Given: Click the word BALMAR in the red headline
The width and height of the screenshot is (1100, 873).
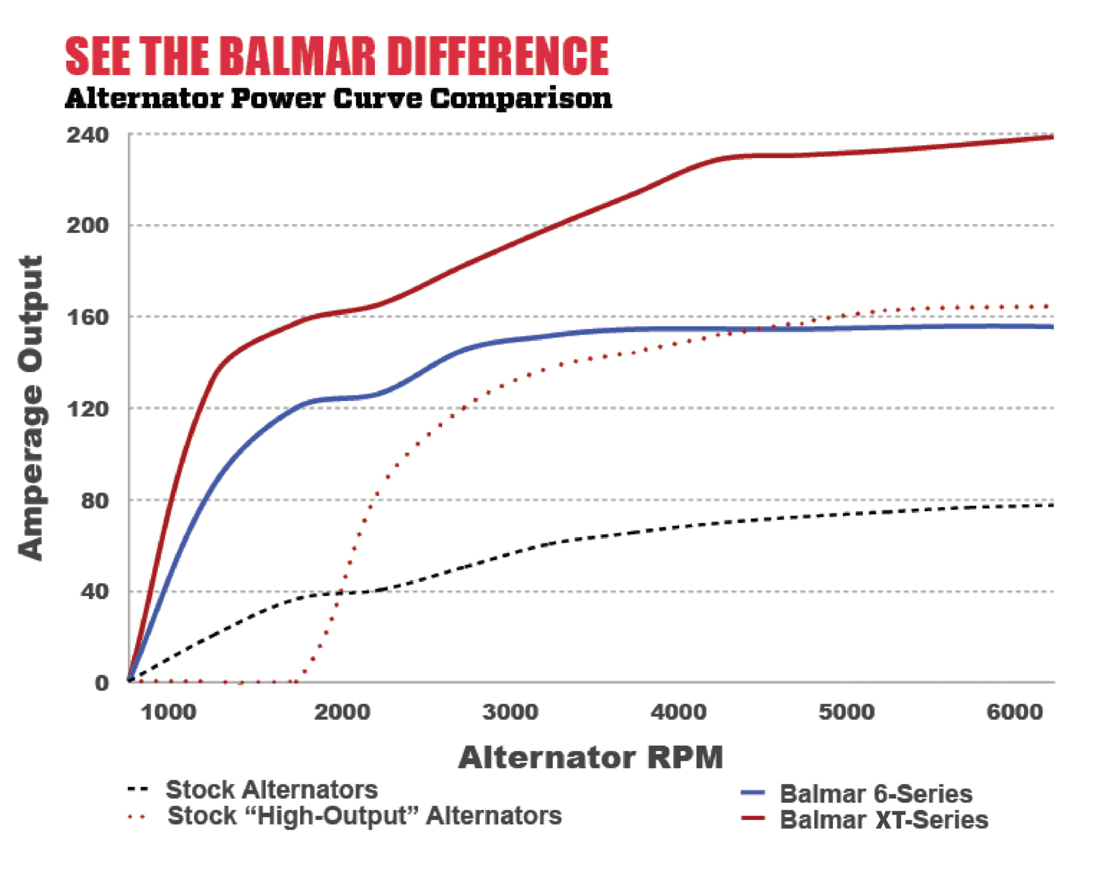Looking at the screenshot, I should click(x=297, y=57).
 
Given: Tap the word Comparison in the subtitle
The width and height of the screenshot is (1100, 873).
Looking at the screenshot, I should click(x=520, y=99).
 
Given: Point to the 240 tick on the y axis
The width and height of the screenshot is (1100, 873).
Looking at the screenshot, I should click(x=87, y=135).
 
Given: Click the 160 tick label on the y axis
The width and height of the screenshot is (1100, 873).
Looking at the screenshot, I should click(x=87, y=317).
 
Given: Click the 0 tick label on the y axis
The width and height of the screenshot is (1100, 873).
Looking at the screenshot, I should click(x=102, y=683).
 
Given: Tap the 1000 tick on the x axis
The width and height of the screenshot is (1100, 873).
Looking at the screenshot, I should click(x=168, y=712).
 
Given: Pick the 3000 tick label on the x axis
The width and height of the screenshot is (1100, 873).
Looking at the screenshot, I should click(x=510, y=712).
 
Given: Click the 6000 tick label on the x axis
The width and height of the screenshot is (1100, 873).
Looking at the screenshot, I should click(x=1015, y=712).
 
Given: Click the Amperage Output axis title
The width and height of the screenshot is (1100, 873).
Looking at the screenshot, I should click(x=31, y=408).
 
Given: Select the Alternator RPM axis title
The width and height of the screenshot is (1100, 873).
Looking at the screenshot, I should click(x=590, y=758).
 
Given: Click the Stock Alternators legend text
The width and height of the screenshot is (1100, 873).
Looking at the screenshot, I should click(x=271, y=790).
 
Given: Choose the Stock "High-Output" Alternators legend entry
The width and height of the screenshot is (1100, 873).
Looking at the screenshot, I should click(x=364, y=816).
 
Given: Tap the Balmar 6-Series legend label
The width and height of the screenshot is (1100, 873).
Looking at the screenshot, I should click(x=875, y=794).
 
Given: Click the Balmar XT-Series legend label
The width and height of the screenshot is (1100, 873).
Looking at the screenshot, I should click(x=884, y=820).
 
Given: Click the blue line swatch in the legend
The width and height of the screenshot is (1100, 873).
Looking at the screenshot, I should click(x=752, y=792).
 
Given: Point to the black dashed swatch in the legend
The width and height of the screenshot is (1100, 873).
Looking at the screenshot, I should click(x=137, y=789).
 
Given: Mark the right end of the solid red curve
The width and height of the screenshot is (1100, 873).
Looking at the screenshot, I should click(x=1052, y=137).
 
